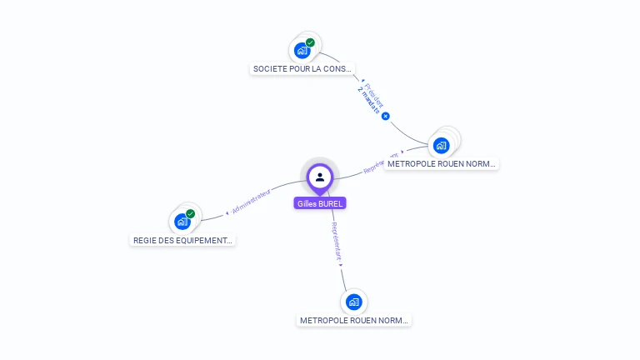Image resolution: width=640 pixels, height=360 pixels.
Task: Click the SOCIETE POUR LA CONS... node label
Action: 302,68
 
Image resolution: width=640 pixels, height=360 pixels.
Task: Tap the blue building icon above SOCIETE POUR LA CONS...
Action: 302,51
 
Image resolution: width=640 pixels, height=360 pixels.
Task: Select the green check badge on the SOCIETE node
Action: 310,42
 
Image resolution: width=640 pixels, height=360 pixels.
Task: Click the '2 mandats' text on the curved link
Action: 368,100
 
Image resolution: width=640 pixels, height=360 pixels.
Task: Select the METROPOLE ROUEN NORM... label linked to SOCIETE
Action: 441,164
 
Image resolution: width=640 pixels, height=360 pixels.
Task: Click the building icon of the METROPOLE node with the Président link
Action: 440,146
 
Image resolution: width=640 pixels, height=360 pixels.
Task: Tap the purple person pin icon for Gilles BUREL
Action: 319,177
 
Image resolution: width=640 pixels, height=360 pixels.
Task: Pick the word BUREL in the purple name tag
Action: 330,203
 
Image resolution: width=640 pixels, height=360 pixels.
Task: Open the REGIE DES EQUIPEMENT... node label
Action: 182,240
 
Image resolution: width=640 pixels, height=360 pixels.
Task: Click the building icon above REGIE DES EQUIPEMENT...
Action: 182,222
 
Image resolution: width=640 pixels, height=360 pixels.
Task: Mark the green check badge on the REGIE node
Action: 190,214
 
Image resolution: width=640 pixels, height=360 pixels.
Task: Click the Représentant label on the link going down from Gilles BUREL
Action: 336,242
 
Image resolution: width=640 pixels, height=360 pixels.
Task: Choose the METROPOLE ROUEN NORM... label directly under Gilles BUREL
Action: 354,320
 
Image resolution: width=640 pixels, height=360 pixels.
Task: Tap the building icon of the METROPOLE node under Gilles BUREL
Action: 353,302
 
